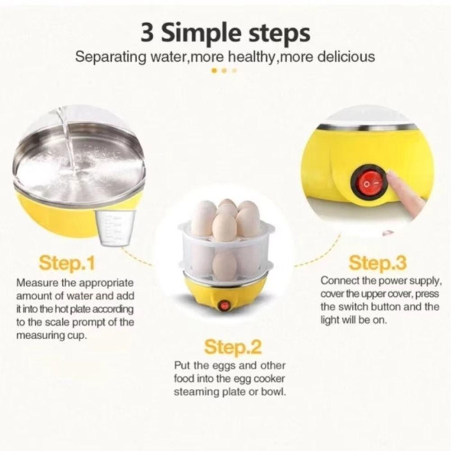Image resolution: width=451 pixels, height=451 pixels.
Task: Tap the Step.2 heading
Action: tap(233, 347)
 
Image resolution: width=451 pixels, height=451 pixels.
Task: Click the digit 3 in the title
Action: tap(149, 34)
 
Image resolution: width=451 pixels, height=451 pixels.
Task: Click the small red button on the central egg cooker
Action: tap(223, 306)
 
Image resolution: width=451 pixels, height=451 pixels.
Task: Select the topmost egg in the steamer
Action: tap(227, 204)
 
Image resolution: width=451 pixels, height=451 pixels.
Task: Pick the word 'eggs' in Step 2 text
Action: tap(219, 365)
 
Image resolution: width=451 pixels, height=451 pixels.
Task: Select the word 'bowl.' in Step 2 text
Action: tap(273, 391)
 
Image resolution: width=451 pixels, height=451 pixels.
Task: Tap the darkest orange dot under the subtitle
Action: tap(215, 70)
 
